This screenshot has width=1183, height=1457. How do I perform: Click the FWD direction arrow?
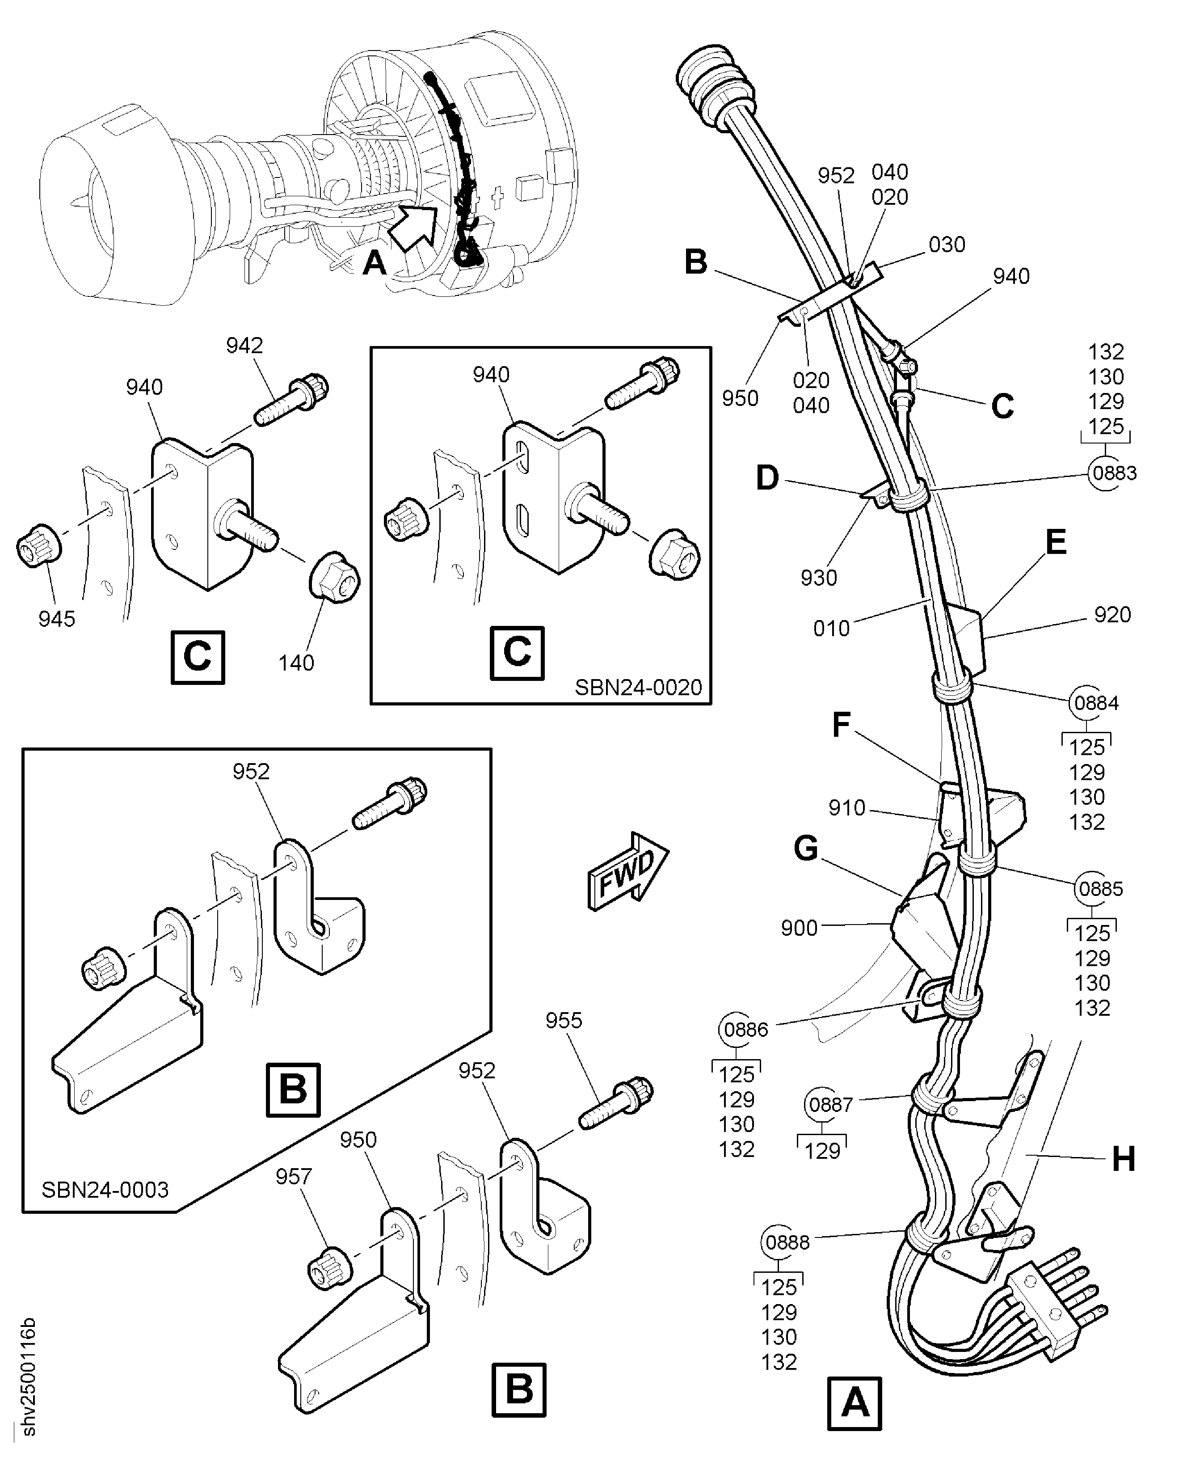tap(627, 871)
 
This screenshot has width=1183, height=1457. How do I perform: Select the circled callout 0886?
tap(745, 1030)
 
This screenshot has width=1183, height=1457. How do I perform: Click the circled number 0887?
tap(830, 1105)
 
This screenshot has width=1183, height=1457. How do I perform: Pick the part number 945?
tap(57, 619)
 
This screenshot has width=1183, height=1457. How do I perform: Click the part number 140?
tap(296, 663)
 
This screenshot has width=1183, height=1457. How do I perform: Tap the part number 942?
tap(244, 346)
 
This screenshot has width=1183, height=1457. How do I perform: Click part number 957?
tap(294, 1177)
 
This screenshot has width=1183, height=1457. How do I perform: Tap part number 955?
tap(564, 1021)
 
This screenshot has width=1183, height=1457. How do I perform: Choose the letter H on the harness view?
tap(1124, 1158)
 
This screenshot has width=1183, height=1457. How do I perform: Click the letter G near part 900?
tap(806, 849)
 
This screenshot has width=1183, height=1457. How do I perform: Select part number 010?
tap(831, 629)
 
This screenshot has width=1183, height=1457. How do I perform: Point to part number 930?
tap(818, 578)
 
